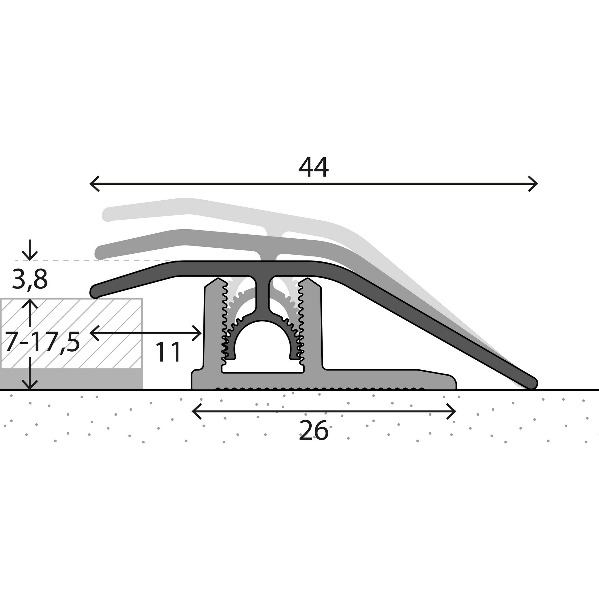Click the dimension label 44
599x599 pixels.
313,168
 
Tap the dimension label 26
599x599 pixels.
313,431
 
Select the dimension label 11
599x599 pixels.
168,352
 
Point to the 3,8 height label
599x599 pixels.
30,280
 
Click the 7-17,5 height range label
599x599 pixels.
42,342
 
